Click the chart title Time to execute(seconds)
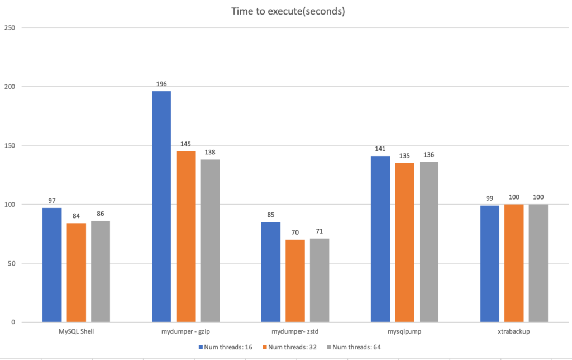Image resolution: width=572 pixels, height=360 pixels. [x=288, y=11]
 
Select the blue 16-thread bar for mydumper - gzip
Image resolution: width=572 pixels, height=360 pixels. [x=161, y=206]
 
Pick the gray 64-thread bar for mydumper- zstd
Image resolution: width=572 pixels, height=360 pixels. [x=320, y=280]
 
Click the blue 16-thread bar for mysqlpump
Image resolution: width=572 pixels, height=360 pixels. [x=380, y=239]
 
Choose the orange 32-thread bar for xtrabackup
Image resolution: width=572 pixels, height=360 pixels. [x=514, y=263]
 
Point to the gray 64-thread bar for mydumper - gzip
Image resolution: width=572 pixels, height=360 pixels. [x=210, y=240]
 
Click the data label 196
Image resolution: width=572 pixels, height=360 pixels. [x=161, y=84]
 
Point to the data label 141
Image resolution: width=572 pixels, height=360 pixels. [x=380, y=149]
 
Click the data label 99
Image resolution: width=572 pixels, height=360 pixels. [x=490, y=198]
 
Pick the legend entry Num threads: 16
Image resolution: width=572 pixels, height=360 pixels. [x=226, y=347]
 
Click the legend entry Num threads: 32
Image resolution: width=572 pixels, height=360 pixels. [x=291, y=347]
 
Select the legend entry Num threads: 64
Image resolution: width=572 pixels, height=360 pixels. [x=355, y=347]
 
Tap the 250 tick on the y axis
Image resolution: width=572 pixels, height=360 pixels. [x=11, y=27]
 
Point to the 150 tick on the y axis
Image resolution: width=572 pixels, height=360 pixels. [x=11, y=145]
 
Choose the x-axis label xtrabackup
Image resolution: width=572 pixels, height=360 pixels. [x=514, y=331]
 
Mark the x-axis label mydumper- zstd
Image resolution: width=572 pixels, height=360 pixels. [x=295, y=331]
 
